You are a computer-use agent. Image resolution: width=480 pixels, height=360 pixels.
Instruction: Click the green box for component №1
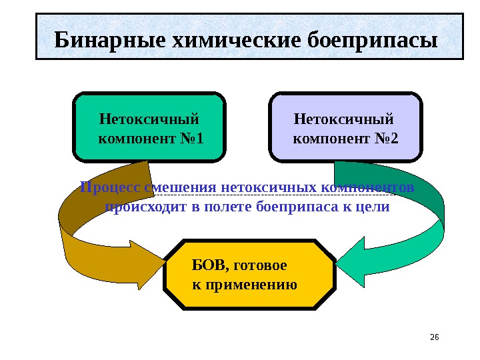[149, 127]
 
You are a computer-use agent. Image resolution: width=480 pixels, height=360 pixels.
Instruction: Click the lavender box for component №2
[345, 127]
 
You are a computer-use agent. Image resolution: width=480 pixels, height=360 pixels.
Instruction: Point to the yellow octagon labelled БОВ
[249, 275]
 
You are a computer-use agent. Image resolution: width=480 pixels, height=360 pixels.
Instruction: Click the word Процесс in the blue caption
[105, 187]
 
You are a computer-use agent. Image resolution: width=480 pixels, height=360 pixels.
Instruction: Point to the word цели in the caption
[374, 207]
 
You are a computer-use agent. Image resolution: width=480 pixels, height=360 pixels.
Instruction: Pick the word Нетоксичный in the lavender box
[344, 120]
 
